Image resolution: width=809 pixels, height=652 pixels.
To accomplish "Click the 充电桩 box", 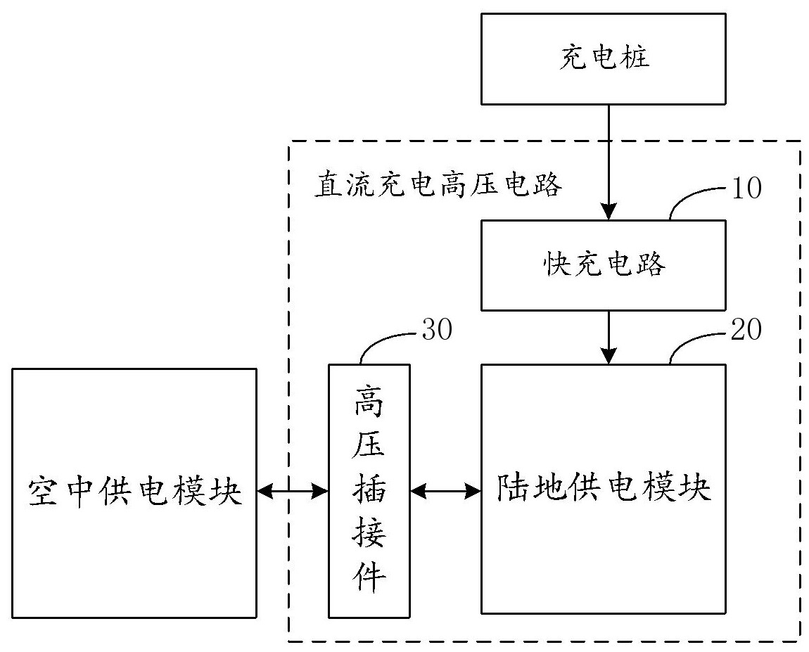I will click(604, 58).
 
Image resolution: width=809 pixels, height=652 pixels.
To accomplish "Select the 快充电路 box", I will click(604, 265).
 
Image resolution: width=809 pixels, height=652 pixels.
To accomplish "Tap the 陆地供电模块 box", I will click(604, 489).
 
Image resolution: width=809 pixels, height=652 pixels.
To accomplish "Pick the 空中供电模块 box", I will click(134, 493).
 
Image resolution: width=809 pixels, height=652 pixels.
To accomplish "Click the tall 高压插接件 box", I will click(369, 490).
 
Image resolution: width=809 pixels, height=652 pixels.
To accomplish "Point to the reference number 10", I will click(744, 189).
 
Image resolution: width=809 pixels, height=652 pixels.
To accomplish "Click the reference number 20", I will click(744, 330).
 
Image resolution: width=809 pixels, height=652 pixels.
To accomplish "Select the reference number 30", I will click(438, 331).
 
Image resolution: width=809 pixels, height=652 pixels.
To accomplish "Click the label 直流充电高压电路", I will click(438, 186).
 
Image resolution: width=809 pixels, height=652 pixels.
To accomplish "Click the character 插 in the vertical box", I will click(369, 490).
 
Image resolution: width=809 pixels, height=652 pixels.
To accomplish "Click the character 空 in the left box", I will click(42, 493).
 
